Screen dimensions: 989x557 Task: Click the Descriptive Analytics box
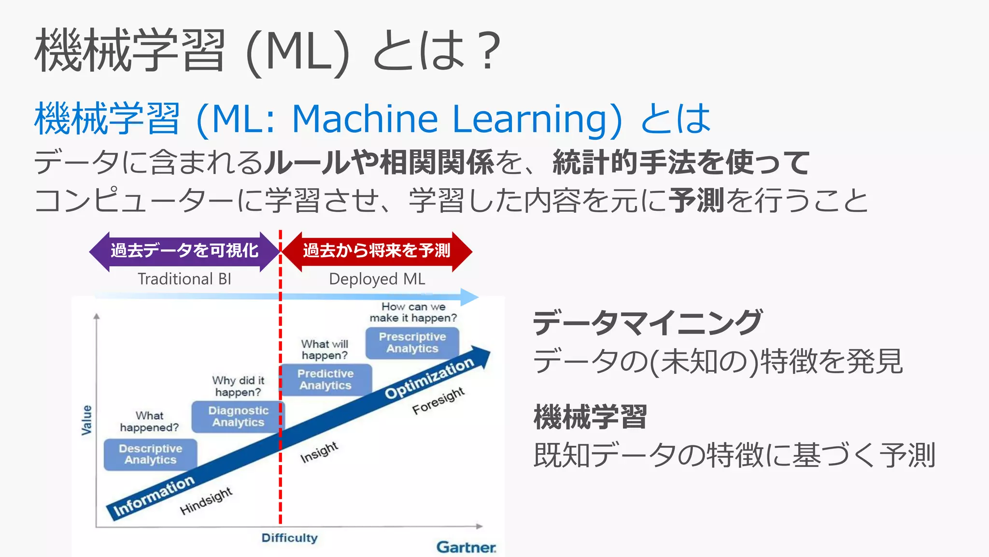click(x=150, y=454)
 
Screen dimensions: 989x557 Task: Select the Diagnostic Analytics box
click(x=238, y=416)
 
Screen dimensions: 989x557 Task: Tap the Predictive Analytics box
click(x=325, y=380)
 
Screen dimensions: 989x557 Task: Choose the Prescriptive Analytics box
click(x=412, y=343)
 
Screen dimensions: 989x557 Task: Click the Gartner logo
click(x=466, y=547)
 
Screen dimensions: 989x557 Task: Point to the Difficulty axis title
click(x=289, y=538)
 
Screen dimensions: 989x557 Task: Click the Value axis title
click(x=86, y=420)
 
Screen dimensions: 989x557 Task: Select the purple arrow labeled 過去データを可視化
click(x=184, y=251)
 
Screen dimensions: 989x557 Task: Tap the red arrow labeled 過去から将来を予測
click(x=376, y=251)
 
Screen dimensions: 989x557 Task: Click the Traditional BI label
click(x=184, y=279)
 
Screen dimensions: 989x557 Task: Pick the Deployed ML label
click(x=377, y=279)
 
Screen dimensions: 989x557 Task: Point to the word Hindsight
click(x=206, y=501)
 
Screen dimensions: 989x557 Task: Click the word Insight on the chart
click(x=319, y=453)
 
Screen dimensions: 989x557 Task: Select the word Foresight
click(x=438, y=401)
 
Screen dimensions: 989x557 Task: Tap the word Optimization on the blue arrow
click(x=429, y=379)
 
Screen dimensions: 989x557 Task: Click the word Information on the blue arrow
click(x=154, y=496)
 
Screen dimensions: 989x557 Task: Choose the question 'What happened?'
click(x=149, y=422)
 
